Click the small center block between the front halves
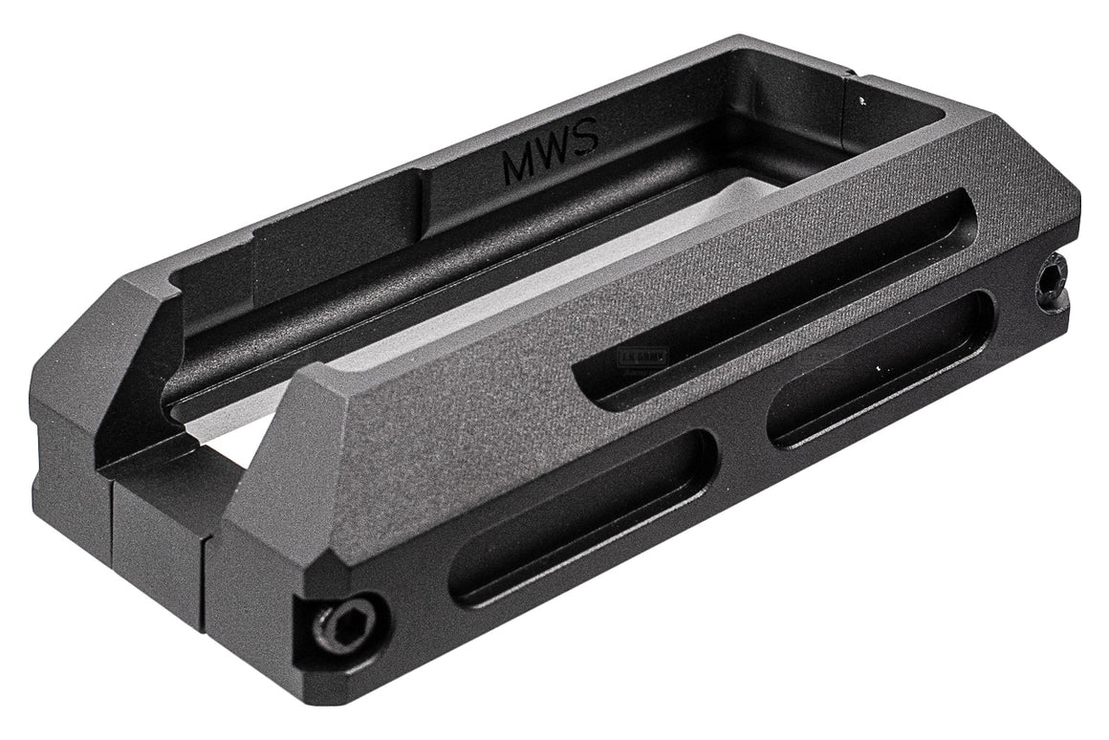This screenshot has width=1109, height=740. tap(158, 535)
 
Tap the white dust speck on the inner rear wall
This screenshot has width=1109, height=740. tap(862, 98)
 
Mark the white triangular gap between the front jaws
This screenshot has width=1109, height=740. tap(225, 449)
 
